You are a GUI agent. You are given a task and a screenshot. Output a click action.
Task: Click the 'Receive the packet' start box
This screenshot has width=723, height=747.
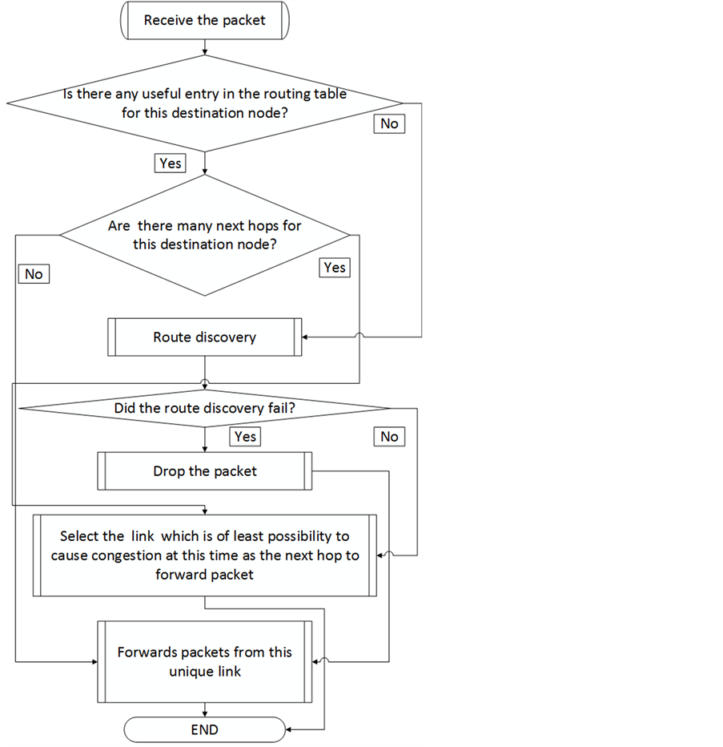click(204, 21)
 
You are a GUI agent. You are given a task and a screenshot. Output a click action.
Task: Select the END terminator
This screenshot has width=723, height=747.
click(204, 729)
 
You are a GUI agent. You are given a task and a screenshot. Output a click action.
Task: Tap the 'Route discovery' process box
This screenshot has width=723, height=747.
click(204, 337)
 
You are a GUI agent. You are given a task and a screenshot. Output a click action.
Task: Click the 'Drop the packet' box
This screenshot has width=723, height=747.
click(204, 471)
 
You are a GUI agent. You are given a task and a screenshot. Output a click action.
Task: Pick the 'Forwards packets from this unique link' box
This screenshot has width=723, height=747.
click(204, 662)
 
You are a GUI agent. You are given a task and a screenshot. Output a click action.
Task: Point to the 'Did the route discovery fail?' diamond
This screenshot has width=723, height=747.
click(204, 409)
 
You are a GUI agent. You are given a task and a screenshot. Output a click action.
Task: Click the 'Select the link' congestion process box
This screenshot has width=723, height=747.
click(204, 555)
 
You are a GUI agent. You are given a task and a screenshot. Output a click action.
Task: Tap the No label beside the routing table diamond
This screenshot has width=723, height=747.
click(389, 124)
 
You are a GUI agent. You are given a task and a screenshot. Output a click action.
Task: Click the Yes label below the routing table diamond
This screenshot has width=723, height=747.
click(171, 164)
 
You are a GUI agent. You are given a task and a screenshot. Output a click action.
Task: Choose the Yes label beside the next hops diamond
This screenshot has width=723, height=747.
click(335, 268)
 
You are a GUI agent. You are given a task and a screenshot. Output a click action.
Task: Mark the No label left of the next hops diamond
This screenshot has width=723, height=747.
click(34, 274)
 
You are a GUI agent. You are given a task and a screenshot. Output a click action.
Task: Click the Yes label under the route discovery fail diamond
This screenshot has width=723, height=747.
click(245, 437)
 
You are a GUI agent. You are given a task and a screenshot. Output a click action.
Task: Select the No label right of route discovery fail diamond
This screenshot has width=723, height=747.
click(389, 437)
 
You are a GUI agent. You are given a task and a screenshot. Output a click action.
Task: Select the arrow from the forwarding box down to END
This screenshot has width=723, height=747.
click(206, 709)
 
